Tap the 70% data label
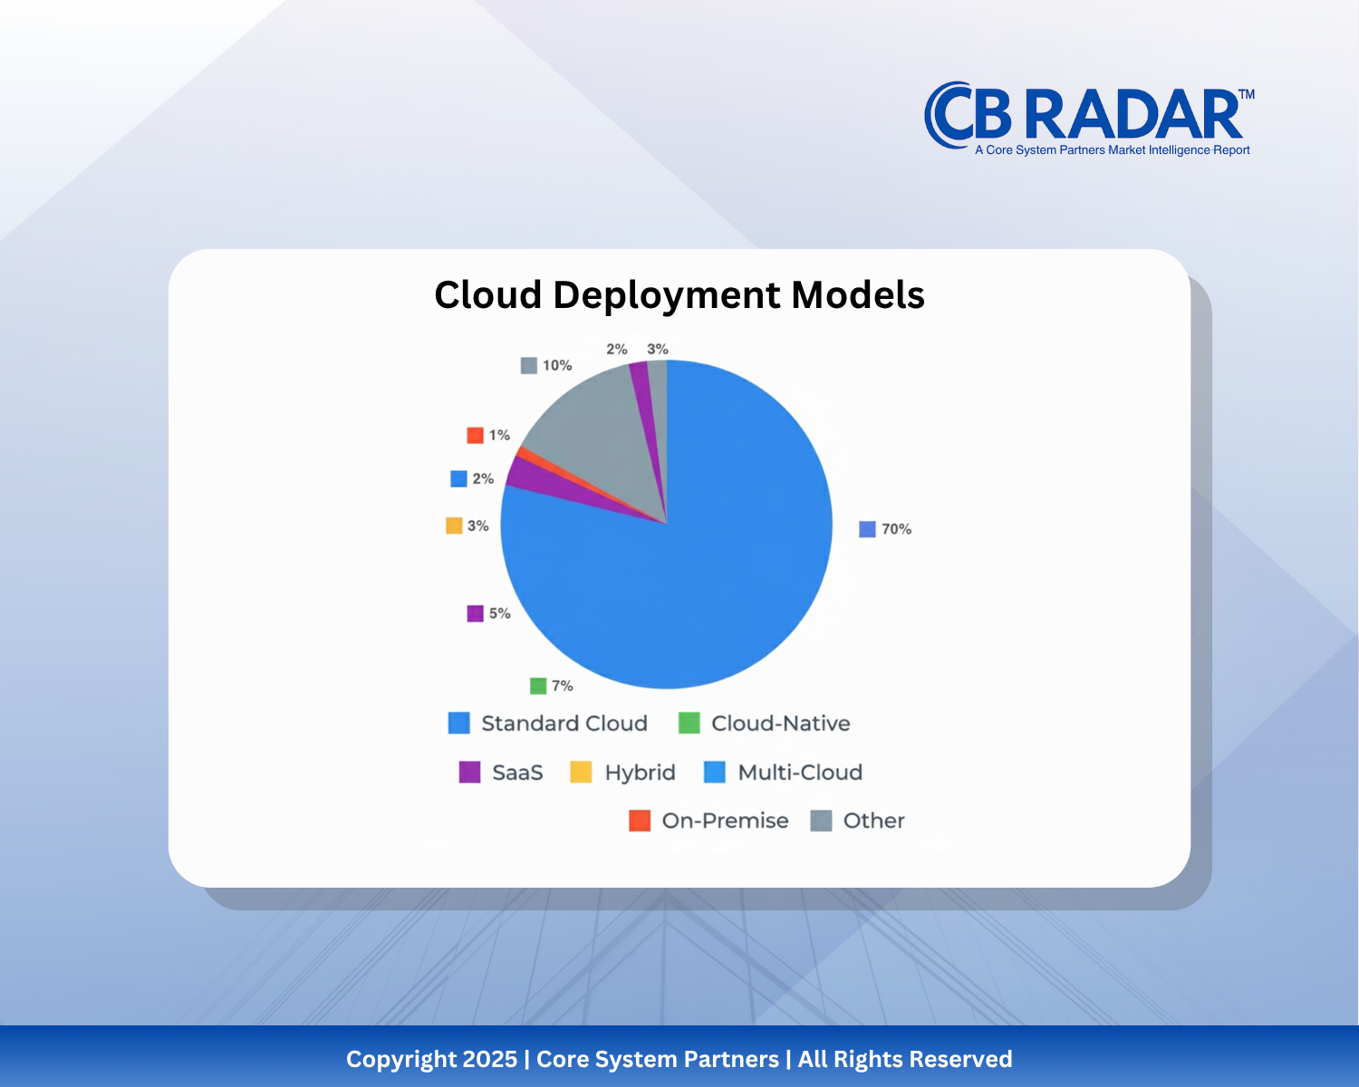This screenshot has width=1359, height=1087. pyautogui.click(x=895, y=529)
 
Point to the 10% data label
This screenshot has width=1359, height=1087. pyautogui.click(x=556, y=365)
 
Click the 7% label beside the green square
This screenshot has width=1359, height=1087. pyautogui.click(x=562, y=686)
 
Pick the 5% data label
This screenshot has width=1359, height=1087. pyautogui.click(x=499, y=613)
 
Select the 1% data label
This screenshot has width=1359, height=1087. pyautogui.click(x=499, y=435)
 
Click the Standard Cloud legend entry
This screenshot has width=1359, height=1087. pyautogui.click(x=564, y=723)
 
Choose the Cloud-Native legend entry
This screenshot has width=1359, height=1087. pyautogui.click(x=780, y=723)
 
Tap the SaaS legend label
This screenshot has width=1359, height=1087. pyautogui.click(x=517, y=773)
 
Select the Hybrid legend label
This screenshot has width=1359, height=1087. pyautogui.click(x=640, y=773)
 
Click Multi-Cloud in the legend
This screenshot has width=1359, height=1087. pyautogui.click(x=800, y=773)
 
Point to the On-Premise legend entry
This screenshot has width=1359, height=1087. pyautogui.click(x=725, y=821)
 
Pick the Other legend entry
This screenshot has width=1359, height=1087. pyautogui.click(x=873, y=821)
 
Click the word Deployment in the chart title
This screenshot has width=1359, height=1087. pyautogui.click(x=666, y=295)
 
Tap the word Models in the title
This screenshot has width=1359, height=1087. pyautogui.click(x=858, y=295)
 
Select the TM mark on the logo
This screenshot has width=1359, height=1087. pyautogui.click(x=1246, y=94)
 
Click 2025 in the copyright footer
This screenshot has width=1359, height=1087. pyautogui.click(x=489, y=1059)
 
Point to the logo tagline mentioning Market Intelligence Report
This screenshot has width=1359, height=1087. pyautogui.click(x=1112, y=150)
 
